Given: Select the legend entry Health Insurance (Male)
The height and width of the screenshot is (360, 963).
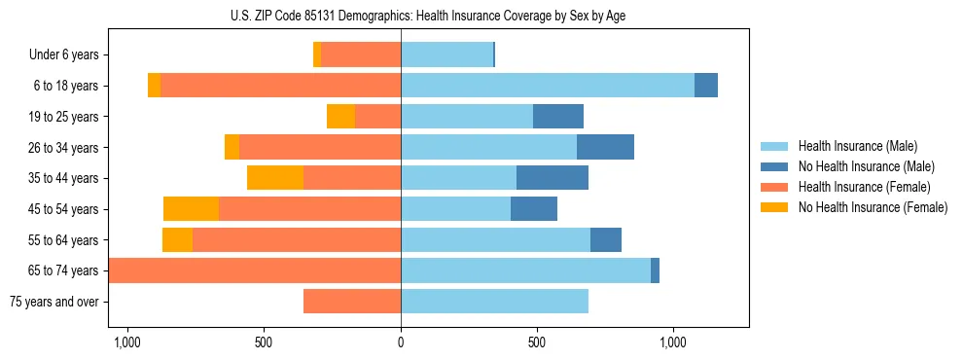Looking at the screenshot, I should (857, 146).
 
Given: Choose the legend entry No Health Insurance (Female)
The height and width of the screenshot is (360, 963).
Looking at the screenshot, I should (873, 207).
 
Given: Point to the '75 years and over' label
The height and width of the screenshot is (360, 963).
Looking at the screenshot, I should (54, 302).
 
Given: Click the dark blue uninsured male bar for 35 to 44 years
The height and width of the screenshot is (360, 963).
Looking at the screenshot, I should (553, 178).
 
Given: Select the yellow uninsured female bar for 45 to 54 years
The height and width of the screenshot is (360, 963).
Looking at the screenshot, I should (191, 209).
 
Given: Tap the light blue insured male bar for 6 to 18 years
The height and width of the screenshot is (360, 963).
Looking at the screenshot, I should (548, 86).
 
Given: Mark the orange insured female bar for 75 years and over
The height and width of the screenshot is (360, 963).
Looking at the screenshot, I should (352, 302).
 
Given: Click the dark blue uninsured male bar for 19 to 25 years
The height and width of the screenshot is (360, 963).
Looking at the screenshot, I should (558, 117).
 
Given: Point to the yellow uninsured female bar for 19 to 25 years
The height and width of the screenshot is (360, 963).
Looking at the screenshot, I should (340, 117).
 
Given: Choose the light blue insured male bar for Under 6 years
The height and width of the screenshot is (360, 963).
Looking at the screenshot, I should (446, 55).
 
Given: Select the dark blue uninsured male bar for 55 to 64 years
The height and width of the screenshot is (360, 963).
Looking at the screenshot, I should (606, 239).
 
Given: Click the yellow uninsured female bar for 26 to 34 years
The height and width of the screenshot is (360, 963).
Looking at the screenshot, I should (232, 147).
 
